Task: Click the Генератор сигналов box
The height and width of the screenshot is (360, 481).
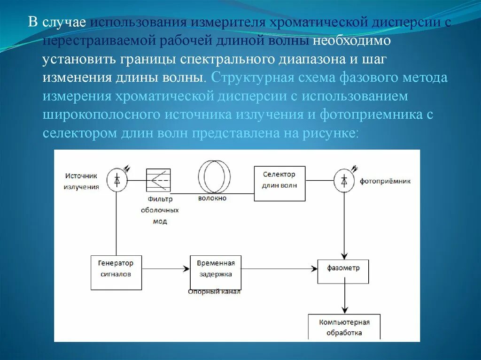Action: pos(116,272)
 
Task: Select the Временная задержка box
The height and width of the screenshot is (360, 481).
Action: pos(215,272)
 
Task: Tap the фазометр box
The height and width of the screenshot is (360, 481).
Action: pos(343,271)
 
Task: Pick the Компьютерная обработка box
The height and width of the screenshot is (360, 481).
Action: pos(344,327)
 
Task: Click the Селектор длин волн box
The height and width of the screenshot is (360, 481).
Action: pos(279,183)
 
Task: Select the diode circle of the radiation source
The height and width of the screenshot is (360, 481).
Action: pos(116,180)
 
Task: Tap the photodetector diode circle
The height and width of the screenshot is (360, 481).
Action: pos(344,180)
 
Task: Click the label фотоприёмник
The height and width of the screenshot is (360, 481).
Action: pos(385,181)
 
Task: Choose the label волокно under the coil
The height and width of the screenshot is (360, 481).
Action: pos(212,198)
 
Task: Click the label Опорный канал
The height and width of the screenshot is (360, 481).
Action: pos(214,292)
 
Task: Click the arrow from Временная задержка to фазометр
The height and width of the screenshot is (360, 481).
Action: pos(279,269)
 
